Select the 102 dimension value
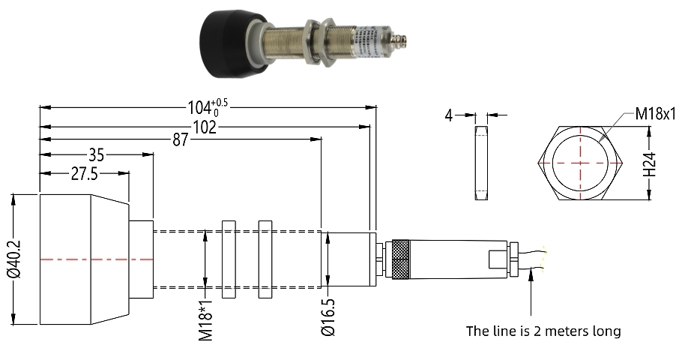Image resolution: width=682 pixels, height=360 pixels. pyautogui.click(x=202, y=127)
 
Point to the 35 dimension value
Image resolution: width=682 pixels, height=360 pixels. pyautogui.click(x=96, y=155)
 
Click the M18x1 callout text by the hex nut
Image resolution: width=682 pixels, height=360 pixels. pyautogui.click(x=656, y=114)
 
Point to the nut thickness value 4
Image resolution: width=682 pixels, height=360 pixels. pyautogui.click(x=448, y=115)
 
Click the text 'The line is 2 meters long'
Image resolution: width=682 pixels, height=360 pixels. pyautogui.click(x=543, y=331)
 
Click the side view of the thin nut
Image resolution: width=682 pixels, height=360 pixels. pyautogui.click(x=480, y=163)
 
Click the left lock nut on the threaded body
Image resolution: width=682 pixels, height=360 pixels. pyautogui.click(x=229, y=259)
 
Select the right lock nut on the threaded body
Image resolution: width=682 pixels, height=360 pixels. pyautogui.click(x=265, y=259)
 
